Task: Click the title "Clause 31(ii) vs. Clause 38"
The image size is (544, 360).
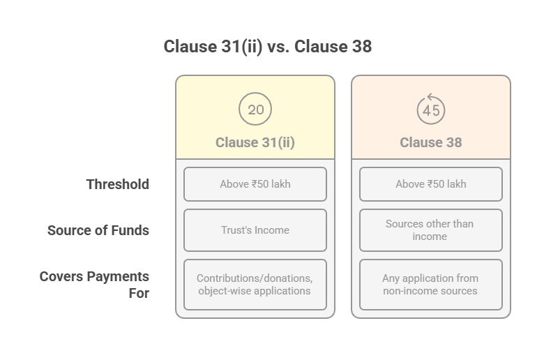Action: tap(268, 47)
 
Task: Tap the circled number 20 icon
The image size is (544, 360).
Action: tap(255, 109)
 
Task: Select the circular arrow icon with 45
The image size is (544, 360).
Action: tap(431, 109)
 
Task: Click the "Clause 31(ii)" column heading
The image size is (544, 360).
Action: tap(255, 142)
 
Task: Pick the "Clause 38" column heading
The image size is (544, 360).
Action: tap(431, 142)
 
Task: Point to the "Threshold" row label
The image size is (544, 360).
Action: tap(118, 184)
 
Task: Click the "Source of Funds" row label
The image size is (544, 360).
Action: tap(98, 230)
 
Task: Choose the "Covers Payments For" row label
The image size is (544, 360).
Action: tap(94, 285)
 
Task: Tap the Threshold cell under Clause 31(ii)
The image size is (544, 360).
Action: tap(255, 184)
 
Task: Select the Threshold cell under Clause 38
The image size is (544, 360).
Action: tap(431, 184)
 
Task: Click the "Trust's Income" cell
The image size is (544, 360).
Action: tap(255, 230)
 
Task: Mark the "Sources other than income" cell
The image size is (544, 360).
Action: tap(431, 230)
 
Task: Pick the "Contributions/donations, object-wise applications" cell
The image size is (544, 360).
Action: tap(255, 285)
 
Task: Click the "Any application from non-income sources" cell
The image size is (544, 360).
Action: tap(431, 285)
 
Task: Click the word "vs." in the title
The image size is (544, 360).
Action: tap(278, 47)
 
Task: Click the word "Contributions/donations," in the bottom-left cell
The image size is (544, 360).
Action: tap(255, 278)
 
